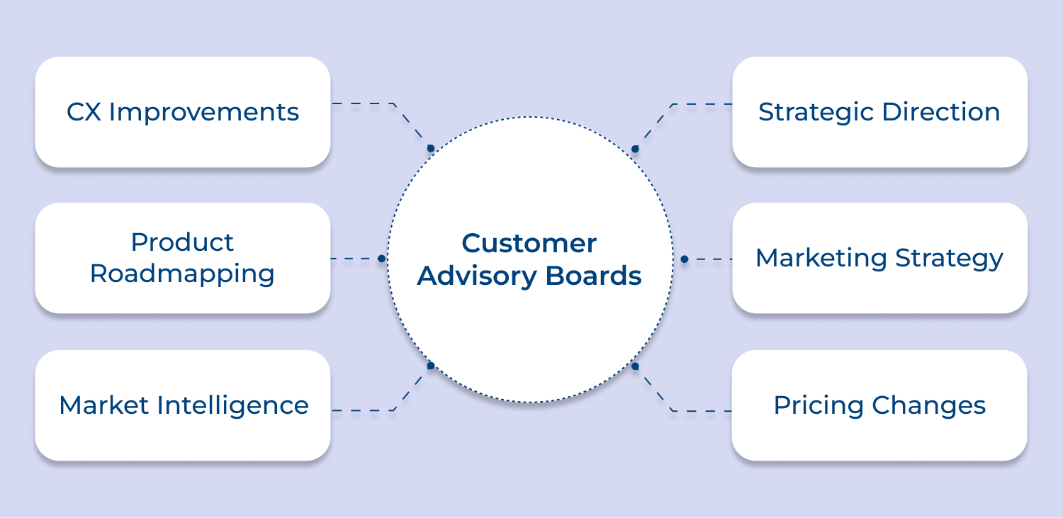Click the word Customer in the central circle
[529, 244]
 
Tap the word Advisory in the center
[477, 276]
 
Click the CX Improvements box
[183, 112]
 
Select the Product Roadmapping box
[183, 258]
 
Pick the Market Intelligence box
[183, 405]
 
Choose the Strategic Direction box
[879, 112]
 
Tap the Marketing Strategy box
[879, 258]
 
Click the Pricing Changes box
[879, 405]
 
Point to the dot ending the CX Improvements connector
[430, 149]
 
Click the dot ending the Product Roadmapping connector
[381, 259]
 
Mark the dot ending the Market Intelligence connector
[430, 366]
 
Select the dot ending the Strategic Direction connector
[635, 149]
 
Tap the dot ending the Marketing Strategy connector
[684, 259]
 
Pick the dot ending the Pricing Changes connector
[635, 366]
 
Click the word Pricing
[819, 406]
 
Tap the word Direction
[940, 112]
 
